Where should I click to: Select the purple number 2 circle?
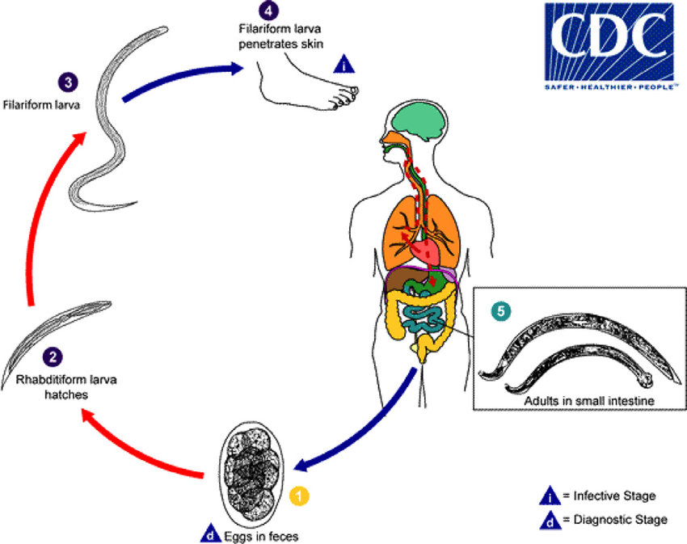coord(52,356)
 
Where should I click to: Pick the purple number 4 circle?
coord(268,11)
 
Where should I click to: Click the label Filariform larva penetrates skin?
coord(268,36)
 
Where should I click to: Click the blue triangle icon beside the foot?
coord(344,65)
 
